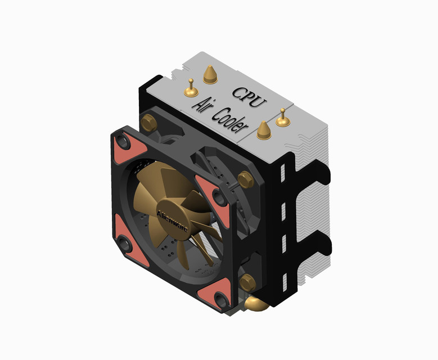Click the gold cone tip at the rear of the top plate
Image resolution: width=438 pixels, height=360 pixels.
(x=210, y=74)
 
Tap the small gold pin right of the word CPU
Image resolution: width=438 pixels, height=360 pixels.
(x=282, y=118)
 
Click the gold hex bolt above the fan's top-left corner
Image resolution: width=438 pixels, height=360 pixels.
(x=150, y=121)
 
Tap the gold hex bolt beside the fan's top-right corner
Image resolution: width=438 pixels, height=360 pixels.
(x=245, y=180)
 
